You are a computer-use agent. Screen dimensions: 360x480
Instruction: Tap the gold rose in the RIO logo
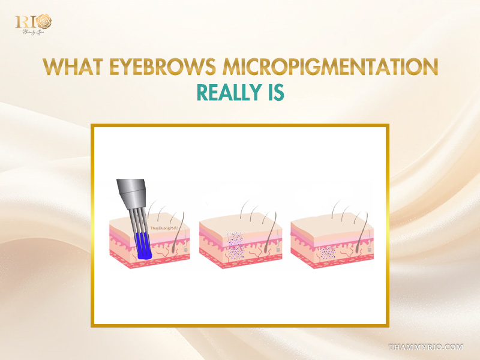[44, 22]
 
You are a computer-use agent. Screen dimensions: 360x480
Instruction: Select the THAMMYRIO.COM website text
[427, 347]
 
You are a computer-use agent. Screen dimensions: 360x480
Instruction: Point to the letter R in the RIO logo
[21, 22]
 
